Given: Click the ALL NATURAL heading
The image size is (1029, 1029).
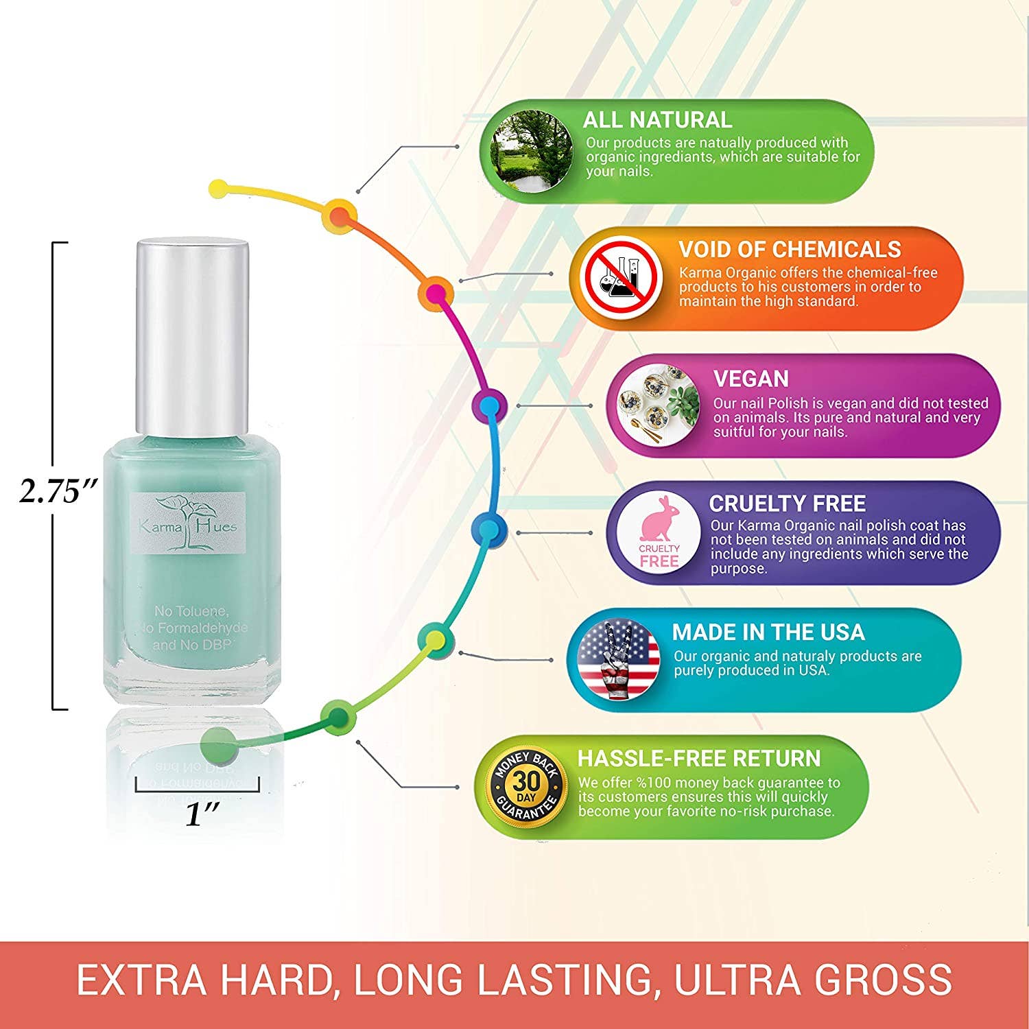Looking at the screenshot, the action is click(657, 120).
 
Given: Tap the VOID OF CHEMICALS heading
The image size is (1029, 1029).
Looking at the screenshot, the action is click(790, 249).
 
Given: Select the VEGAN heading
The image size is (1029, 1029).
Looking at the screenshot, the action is click(751, 379).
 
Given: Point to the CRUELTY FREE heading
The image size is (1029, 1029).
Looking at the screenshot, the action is click(787, 504).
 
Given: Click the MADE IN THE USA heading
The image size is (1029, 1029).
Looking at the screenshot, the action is click(768, 632).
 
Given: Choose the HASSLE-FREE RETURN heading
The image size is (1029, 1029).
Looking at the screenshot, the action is click(699, 758).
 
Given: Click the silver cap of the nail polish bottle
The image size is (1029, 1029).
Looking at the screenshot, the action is click(191, 338).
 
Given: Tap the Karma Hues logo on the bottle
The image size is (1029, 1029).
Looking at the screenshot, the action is click(188, 523).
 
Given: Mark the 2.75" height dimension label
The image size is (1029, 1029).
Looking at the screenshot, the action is click(60, 491).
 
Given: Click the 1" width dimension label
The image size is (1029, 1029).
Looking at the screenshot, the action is click(203, 814).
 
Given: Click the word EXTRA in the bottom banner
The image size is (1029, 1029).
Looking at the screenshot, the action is click(141, 980).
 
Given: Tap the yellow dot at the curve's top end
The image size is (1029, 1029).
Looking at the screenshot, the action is click(218, 187).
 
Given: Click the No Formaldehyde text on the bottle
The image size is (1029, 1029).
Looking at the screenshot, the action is click(193, 628).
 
